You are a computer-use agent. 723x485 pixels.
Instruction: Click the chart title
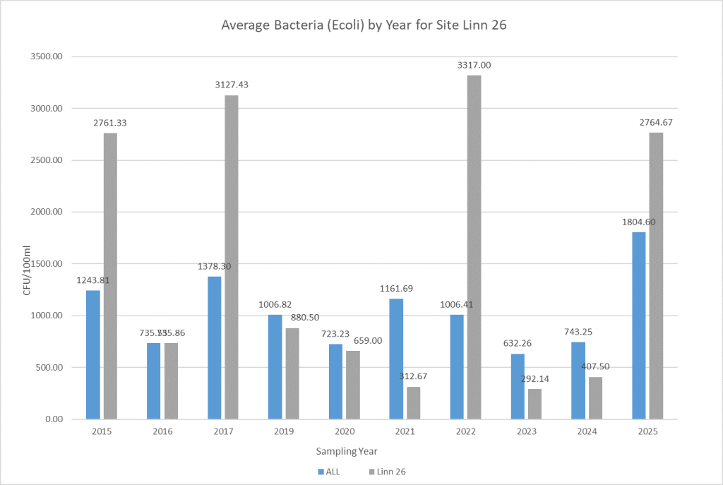362,26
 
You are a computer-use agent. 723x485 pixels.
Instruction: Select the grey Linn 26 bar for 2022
474,247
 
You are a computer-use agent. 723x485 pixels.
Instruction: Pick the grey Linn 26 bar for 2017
232,257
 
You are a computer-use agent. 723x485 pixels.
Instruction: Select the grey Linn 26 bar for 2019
292,373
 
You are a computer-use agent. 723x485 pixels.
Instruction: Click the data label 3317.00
474,65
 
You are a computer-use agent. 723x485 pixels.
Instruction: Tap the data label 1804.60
639,222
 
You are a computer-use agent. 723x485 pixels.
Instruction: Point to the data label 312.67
413,376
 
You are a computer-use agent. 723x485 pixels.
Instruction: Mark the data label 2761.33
110,122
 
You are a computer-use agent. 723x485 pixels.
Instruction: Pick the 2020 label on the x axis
344,431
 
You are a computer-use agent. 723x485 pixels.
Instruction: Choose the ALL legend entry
329,471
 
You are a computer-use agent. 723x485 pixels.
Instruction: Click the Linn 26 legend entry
386,471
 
